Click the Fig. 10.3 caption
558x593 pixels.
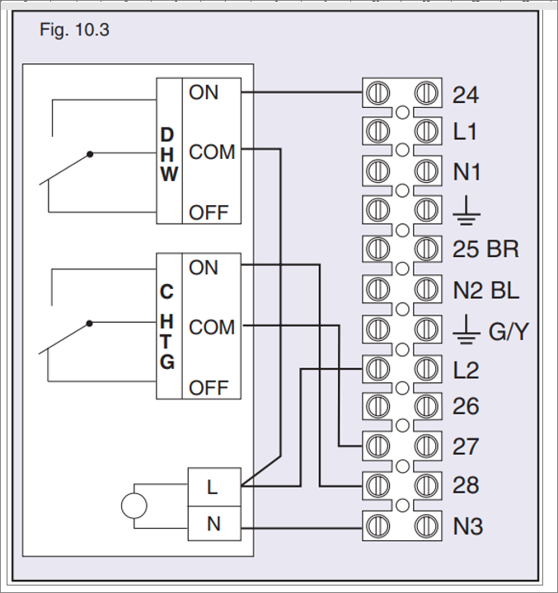coord(74,31)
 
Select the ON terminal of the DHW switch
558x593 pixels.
coord(204,92)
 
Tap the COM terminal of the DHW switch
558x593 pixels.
coord(212,152)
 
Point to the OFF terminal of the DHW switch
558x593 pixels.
coord(209,212)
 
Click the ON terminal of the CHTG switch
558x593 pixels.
coord(204,268)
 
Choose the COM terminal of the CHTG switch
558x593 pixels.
coord(212,328)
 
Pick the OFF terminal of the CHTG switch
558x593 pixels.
coord(209,387)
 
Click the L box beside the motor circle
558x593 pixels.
coord(213,487)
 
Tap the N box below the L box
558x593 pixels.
coord(213,524)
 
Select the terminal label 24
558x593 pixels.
coord(466,96)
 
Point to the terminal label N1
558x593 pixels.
coord(467,172)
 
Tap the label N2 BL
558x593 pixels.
coord(486,289)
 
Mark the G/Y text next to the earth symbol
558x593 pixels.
coord(508,333)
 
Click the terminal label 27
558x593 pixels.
coord(466,446)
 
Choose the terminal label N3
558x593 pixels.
coord(467,524)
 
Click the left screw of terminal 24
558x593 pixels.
coord(377,93)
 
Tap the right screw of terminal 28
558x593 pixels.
coord(425,483)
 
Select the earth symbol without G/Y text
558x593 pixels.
coord(467,212)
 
